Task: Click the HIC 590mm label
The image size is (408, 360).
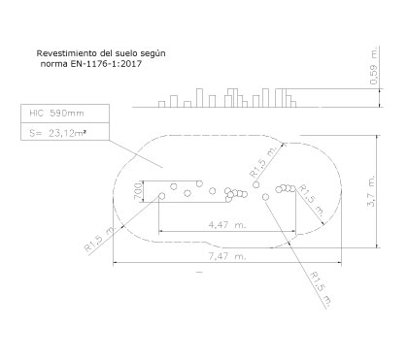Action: tap(56, 114)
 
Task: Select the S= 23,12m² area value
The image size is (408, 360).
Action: tap(58, 133)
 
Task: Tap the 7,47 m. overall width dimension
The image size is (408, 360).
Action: tap(227, 256)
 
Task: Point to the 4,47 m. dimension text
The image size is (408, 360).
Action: tap(227, 224)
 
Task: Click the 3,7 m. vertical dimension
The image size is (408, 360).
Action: tap(371, 191)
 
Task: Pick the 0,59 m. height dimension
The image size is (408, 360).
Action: tap(374, 66)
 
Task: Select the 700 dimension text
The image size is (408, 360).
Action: tap(138, 191)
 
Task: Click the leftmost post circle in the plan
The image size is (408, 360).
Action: tap(162, 196)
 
